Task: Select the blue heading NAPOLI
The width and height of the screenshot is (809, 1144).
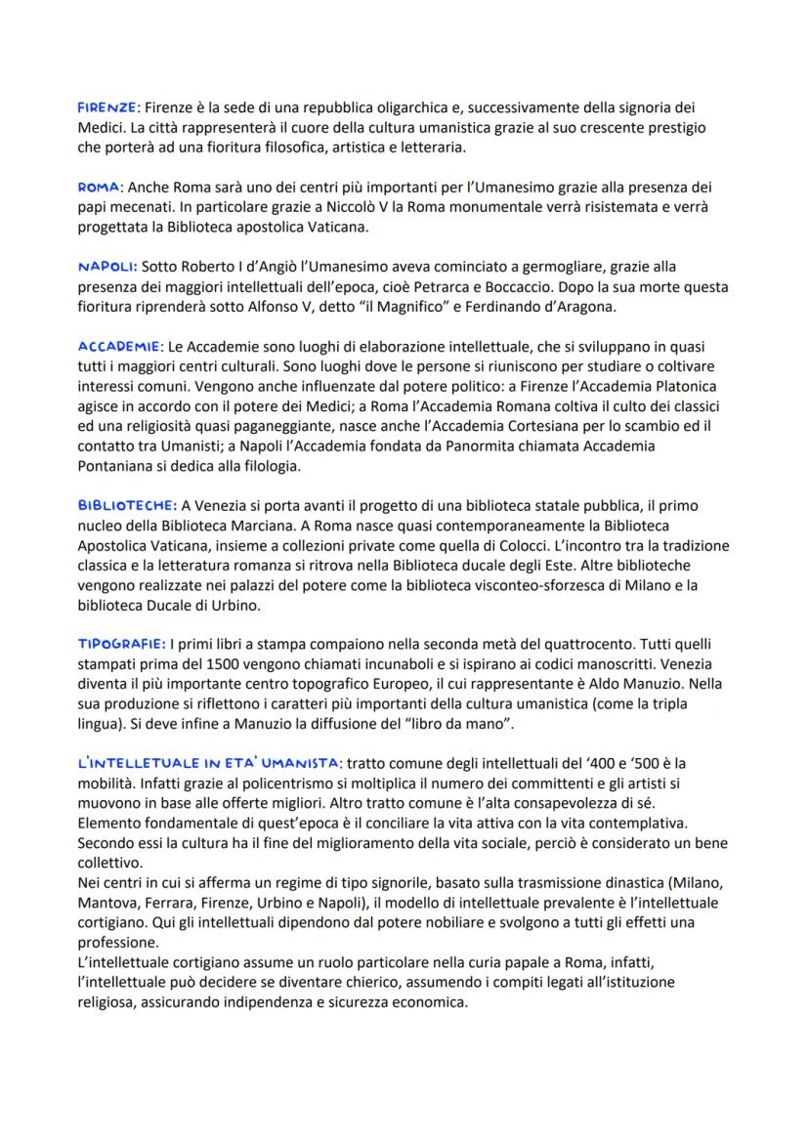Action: pyautogui.click(x=107, y=266)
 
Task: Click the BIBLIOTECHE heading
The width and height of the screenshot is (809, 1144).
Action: pyautogui.click(x=127, y=504)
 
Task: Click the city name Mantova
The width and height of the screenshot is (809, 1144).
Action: pyautogui.click(x=109, y=903)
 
